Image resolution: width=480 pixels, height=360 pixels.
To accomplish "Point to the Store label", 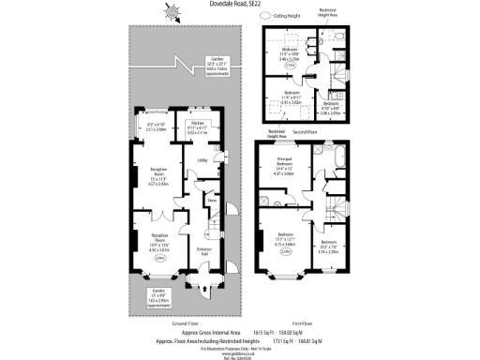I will pyautogui.click(x=213, y=200).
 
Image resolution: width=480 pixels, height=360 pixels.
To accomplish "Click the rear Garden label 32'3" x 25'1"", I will pyautogui.click(x=216, y=66).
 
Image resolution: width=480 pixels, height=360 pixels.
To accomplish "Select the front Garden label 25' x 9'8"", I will pyautogui.click(x=157, y=292).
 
